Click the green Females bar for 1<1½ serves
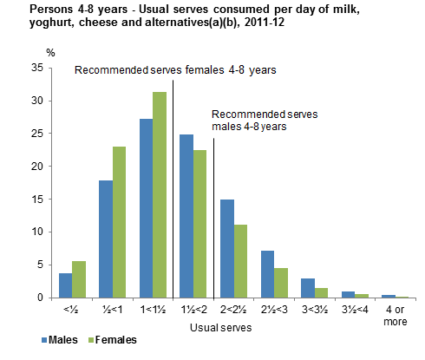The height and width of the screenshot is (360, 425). (x=160, y=195)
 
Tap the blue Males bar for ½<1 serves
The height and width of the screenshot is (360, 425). (x=105, y=239)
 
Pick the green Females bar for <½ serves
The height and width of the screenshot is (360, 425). (x=78, y=279)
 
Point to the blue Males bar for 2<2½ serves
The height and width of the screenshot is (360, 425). (x=227, y=249)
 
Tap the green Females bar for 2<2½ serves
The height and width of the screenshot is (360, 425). (x=241, y=261)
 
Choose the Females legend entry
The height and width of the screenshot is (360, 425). (x=114, y=341)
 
